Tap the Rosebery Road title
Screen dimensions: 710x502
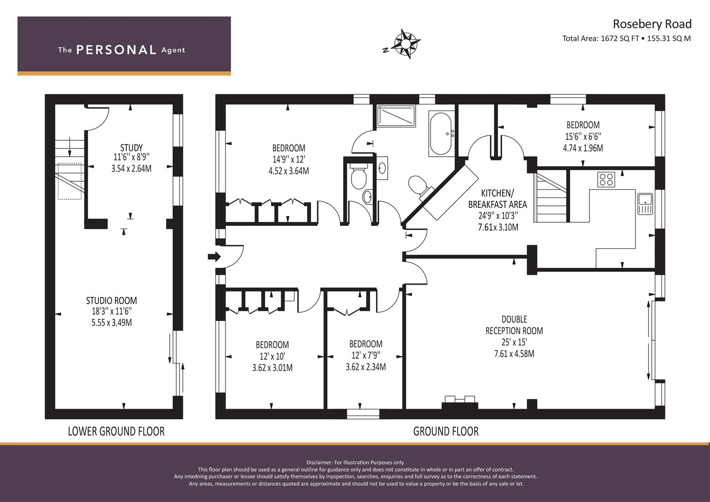(652, 24)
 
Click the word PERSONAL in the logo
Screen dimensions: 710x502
(116, 50)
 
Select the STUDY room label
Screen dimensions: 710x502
(131, 148)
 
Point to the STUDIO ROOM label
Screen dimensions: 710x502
(112, 300)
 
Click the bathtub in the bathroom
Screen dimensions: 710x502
(441, 134)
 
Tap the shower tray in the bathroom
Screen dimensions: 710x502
(396, 116)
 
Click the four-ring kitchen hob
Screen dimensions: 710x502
(606, 179)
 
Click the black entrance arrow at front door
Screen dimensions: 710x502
(214, 257)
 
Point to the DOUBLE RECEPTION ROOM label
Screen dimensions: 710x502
(514, 325)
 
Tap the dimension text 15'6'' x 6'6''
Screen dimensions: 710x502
(583, 136)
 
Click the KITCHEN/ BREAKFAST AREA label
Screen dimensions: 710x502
(498, 199)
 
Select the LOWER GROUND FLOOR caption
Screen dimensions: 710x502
(116, 431)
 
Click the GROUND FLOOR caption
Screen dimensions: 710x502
(446, 431)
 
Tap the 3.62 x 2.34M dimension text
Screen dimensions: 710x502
(366, 367)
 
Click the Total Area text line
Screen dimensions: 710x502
(627, 39)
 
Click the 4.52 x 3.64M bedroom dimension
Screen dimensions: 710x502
(289, 171)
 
